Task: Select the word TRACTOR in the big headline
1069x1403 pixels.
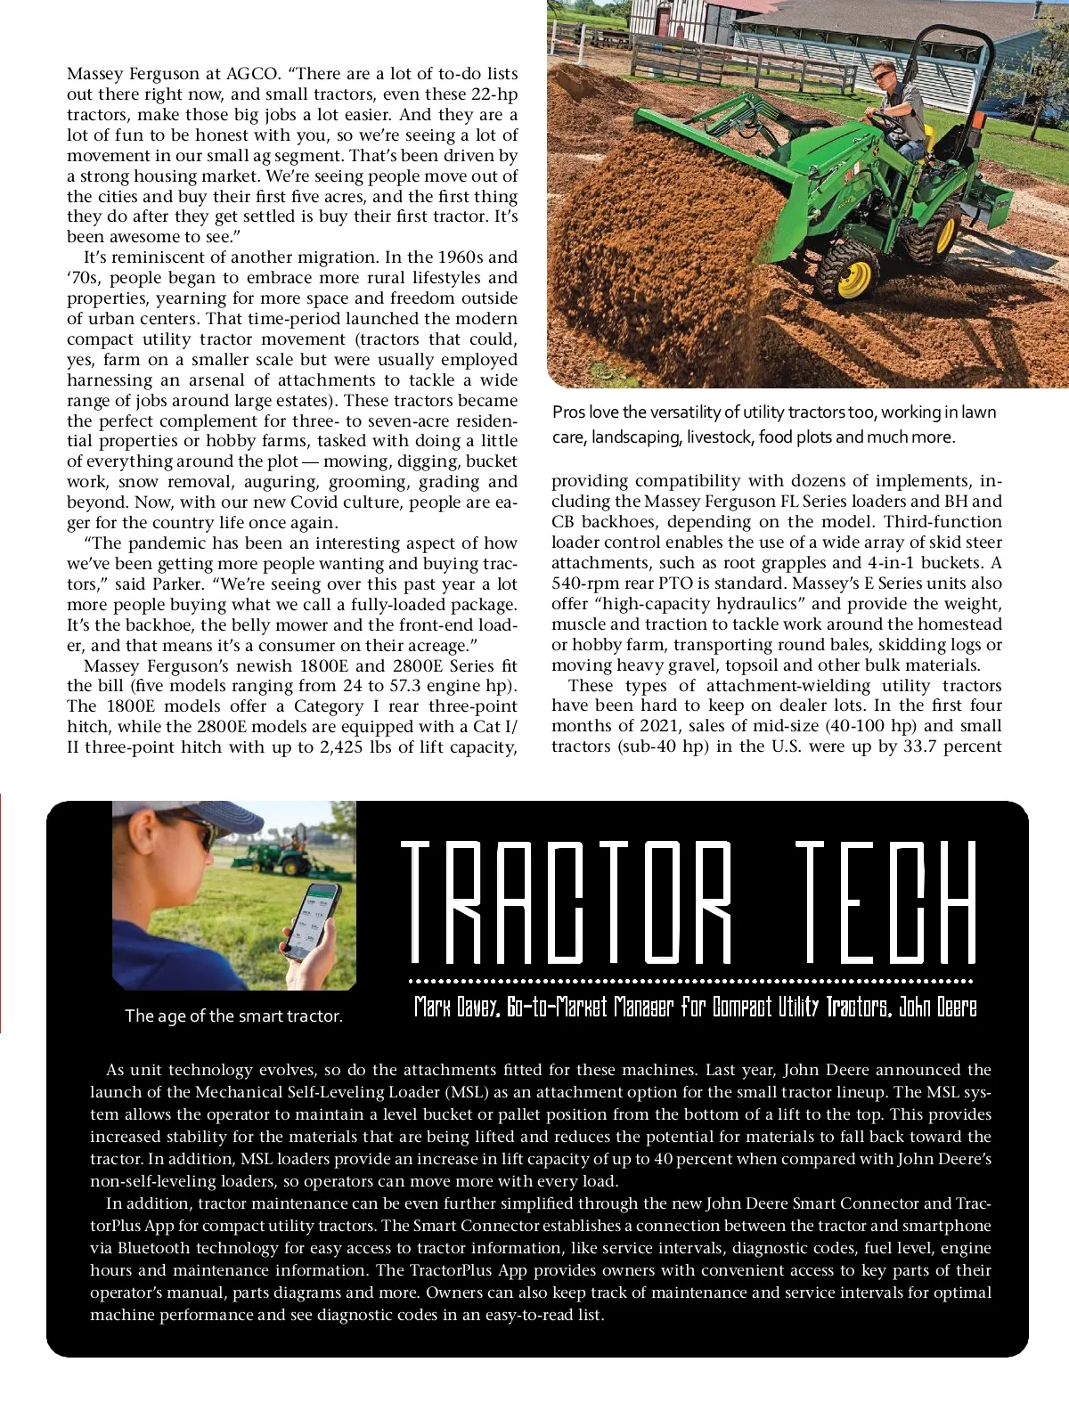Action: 567,902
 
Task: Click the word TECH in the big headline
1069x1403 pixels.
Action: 885,902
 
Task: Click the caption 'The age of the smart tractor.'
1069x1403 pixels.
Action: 233,1016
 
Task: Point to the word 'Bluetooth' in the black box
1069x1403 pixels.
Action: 154,1248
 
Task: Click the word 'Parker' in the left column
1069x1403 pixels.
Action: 177,584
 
